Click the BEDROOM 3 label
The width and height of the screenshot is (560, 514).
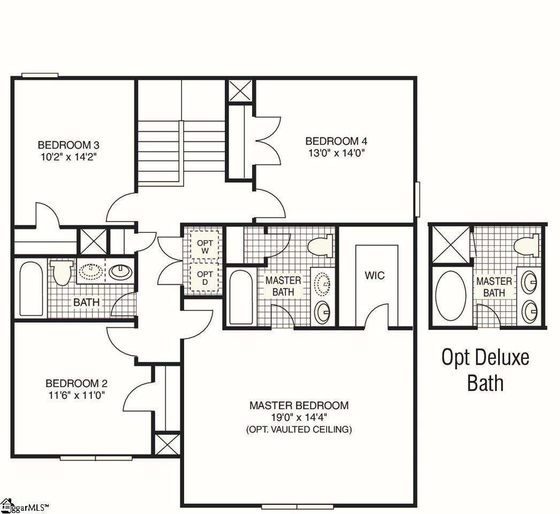[69, 145]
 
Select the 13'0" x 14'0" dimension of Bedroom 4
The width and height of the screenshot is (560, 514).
[336, 152]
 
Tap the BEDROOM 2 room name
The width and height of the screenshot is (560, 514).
[77, 383]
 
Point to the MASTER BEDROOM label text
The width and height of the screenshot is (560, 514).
[299, 405]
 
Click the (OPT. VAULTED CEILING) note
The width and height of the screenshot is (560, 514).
[299, 429]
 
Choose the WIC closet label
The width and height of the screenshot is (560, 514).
[374, 276]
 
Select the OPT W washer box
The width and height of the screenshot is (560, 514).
[205, 247]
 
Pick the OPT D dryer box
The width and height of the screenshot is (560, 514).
[205, 278]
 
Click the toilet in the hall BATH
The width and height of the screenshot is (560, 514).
[63, 272]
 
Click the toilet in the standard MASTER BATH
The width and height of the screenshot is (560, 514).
[321, 247]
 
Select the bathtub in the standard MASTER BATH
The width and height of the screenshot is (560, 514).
[241, 297]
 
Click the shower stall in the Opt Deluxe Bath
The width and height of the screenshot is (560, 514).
[450, 245]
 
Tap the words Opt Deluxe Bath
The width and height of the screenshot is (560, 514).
[485, 369]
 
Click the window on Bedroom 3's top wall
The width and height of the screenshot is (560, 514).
[40, 75]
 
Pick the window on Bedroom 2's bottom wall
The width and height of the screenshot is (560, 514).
[96, 458]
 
